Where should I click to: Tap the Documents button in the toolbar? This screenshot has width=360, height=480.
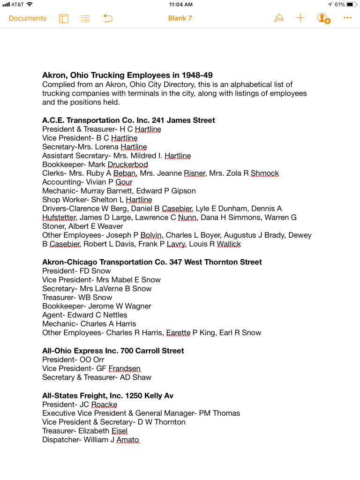pos(28,18)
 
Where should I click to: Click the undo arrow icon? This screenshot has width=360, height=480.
pos(108,18)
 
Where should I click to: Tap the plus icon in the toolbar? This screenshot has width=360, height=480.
pos(300,18)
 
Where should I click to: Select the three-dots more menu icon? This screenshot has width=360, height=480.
pos(347,18)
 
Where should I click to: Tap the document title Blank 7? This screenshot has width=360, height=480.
pos(180,18)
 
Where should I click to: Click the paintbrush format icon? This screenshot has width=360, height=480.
pos(278,18)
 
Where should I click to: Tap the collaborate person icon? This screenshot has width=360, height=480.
pos(323,18)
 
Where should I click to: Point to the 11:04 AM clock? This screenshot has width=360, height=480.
pos(180,5)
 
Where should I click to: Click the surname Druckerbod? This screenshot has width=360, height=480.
pos(127,165)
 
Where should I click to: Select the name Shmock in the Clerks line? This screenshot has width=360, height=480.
pos(264,173)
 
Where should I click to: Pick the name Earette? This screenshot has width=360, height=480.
pos(178,333)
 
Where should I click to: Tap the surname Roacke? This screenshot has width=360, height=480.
pos(104,405)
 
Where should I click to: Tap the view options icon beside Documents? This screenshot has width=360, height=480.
pos(64,18)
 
